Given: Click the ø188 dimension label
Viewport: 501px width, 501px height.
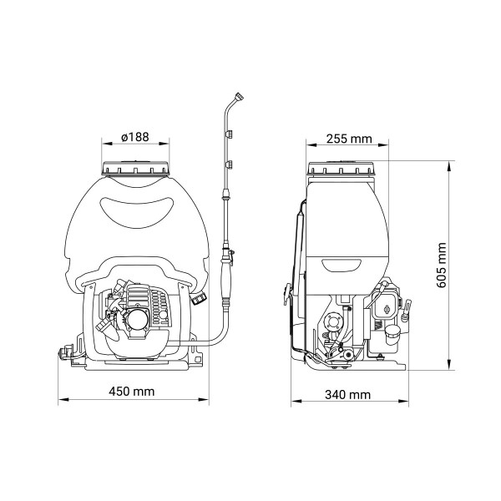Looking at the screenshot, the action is click(134, 137).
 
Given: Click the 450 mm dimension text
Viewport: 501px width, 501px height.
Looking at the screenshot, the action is click(131, 392).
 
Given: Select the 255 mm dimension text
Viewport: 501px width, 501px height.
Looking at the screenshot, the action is click(349, 139).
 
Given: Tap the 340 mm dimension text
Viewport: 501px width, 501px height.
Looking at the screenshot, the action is click(348, 395).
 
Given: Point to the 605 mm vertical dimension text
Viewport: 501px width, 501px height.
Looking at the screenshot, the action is click(441, 266).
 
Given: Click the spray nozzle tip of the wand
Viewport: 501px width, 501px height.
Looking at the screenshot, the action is click(239, 96).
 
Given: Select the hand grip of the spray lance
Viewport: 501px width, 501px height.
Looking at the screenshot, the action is click(226, 279).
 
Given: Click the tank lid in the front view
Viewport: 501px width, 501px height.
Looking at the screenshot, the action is click(135, 169).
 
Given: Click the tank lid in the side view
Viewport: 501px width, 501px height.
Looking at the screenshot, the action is click(341, 169).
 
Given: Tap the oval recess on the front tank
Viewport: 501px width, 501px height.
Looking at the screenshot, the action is click(137, 212).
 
